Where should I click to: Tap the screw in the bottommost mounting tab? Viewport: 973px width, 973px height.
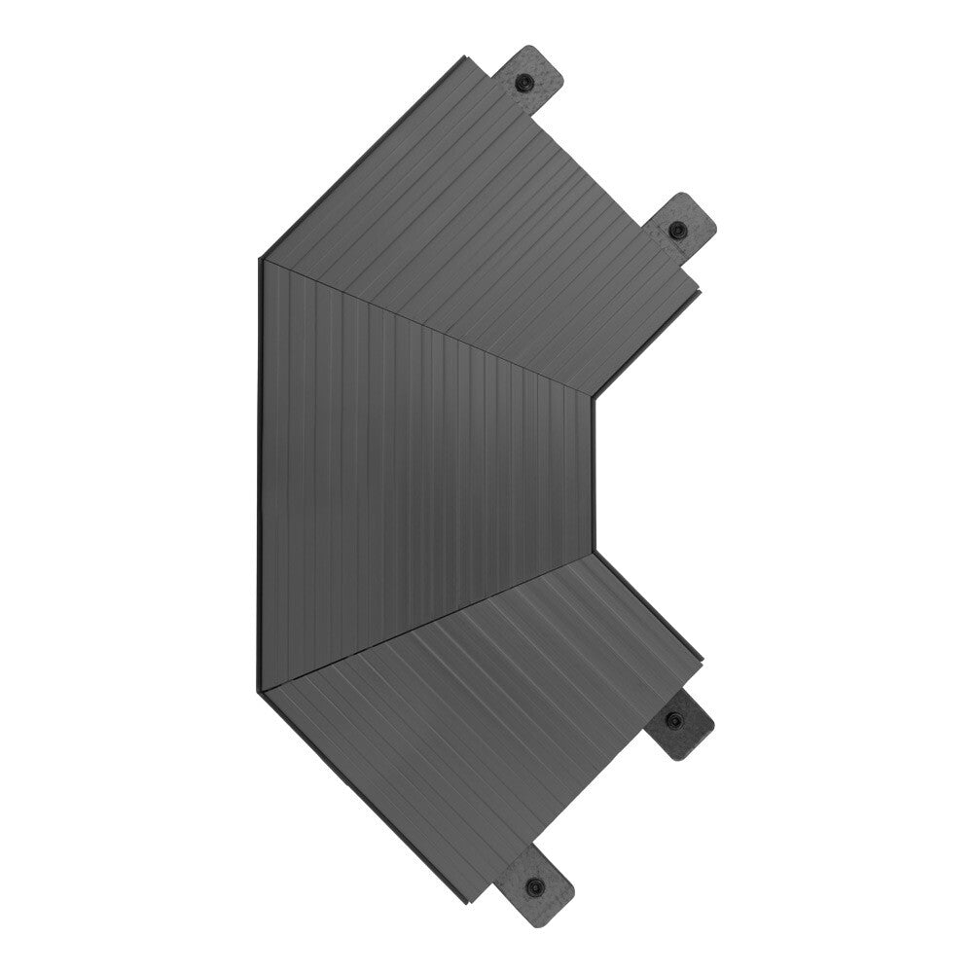534,885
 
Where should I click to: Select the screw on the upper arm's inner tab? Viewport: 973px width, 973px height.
677,231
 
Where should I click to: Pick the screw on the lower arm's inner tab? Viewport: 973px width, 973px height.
674,720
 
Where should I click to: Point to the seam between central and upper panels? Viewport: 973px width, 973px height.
428,326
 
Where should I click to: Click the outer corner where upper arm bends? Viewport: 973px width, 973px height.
260,259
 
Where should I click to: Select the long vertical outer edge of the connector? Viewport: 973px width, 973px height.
260,477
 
